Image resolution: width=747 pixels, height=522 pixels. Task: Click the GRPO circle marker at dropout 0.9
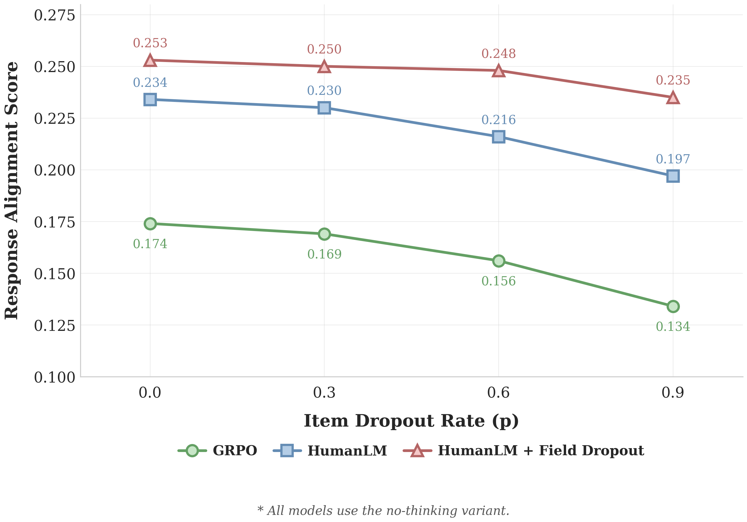pos(673,306)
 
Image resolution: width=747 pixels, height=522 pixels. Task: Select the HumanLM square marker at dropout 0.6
pos(498,136)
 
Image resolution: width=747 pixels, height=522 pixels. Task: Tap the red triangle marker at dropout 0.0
pos(150,61)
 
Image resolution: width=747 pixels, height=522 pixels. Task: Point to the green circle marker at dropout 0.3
pos(324,234)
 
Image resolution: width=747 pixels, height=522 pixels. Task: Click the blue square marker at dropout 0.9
pos(673,176)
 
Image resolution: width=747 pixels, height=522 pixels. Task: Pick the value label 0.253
pos(150,43)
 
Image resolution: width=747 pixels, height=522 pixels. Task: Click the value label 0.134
pos(673,326)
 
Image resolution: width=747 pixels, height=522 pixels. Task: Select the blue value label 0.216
pos(498,120)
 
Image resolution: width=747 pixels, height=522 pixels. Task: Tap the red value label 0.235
pos(673,80)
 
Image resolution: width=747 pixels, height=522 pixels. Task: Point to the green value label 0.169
pos(324,254)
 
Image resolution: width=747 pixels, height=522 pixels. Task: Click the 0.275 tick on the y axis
pos(54,15)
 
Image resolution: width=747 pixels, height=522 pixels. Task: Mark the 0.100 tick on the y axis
pos(54,378)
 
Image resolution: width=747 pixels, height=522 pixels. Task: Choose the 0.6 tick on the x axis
pos(498,393)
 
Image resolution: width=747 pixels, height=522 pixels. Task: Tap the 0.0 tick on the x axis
pos(150,393)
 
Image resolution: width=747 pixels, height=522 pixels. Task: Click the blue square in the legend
pos(287,451)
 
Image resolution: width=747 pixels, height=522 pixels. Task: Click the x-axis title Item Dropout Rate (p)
pos(411,421)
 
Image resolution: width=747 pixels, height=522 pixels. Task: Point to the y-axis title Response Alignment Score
pos(12,190)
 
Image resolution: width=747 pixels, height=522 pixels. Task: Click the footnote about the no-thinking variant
pos(383,510)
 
